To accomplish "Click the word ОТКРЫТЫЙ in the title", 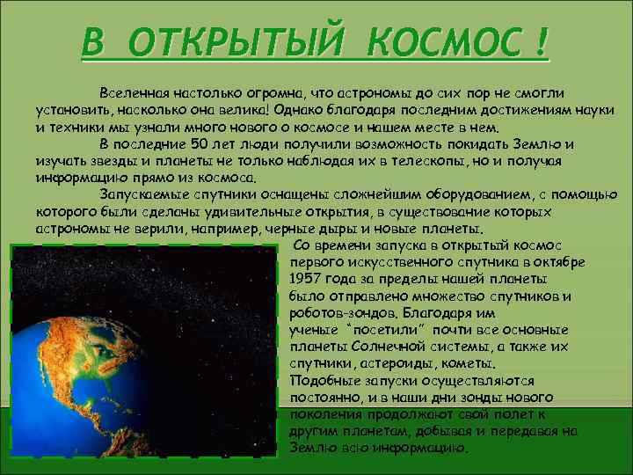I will coord(238,40).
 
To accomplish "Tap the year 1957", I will coord(307,279).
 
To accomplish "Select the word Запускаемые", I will coord(143,194).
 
